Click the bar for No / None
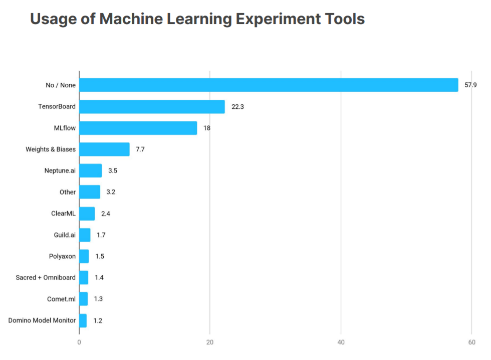pyautogui.click(x=269, y=85)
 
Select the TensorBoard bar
pyautogui.click(x=152, y=107)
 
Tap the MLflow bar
pyautogui.click(x=138, y=128)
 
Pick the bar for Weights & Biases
pyautogui.click(x=104, y=149)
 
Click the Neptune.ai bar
pyautogui.click(x=90, y=170)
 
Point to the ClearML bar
pyautogui.click(x=87, y=214)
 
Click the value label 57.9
pyautogui.click(x=470, y=85)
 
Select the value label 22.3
pyautogui.click(x=237, y=107)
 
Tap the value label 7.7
pyautogui.click(x=140, y=149)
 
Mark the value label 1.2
pyautogui.click(x=98, y=320)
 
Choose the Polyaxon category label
pyautogui.click(x=62, y=256)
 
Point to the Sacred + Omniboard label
pyautogui.click(x=46, y=277)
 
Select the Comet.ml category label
pyautogui.click(x=62, y=299)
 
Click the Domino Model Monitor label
pyautogui.click(x=42, y=320)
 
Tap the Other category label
pyautogui.click(x=68, y=192)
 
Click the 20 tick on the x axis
pyautogui.click(x=210, y=342)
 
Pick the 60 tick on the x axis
pyautogui.click(x=471, y=342)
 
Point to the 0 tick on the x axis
pyautogui.click(x=79, y=342)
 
